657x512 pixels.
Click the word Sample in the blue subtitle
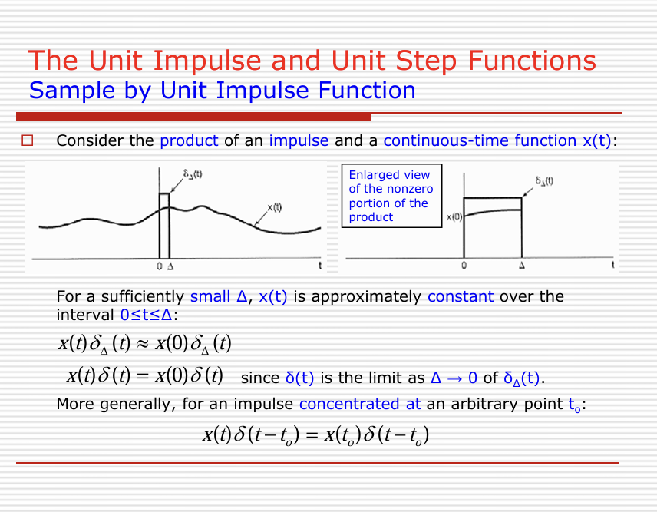[72, 91]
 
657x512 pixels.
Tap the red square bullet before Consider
[27, 140]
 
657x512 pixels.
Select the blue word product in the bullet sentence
[189, 141]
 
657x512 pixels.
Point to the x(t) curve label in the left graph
[275, 207]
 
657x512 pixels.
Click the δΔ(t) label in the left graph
[193, 174]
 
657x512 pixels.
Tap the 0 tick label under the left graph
[159, 266]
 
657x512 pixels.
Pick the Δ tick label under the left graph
[170, 266]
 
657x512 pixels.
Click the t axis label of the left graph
[320, 266]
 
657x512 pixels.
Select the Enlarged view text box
[391, 196]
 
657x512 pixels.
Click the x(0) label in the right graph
[454, 217]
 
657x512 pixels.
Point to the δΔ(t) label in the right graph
[544, 181]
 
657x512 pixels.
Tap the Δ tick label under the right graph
[522, 266]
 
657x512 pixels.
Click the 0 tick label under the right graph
[464, 266]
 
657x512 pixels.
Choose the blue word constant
[461, 296]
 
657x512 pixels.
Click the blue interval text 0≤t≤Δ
[147, 315]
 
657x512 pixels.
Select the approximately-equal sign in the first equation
[143, 344]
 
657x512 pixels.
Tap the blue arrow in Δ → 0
[454, 378]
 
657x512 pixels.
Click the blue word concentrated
[349, 404]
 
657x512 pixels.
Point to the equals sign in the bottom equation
[312, 435]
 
